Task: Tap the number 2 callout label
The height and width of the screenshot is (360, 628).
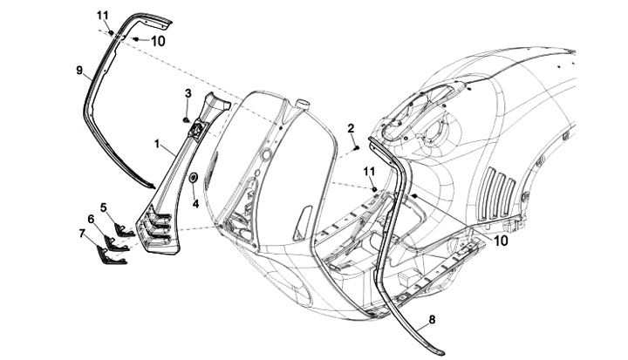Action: click(x=351, y=128)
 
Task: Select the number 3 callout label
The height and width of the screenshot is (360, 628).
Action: click(x=188, y=93)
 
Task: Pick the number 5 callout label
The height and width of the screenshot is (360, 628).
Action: click(x=103, y=207)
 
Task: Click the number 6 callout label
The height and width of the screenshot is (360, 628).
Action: click(x=91, y=219)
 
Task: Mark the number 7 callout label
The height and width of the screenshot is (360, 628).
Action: click(x=82, y=234)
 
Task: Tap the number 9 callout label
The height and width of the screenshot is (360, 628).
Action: click(x=78, y=69)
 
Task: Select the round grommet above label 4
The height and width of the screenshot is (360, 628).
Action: click(x=193, y=180)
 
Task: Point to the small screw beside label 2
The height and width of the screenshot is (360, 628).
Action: click(x=358, y=149)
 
